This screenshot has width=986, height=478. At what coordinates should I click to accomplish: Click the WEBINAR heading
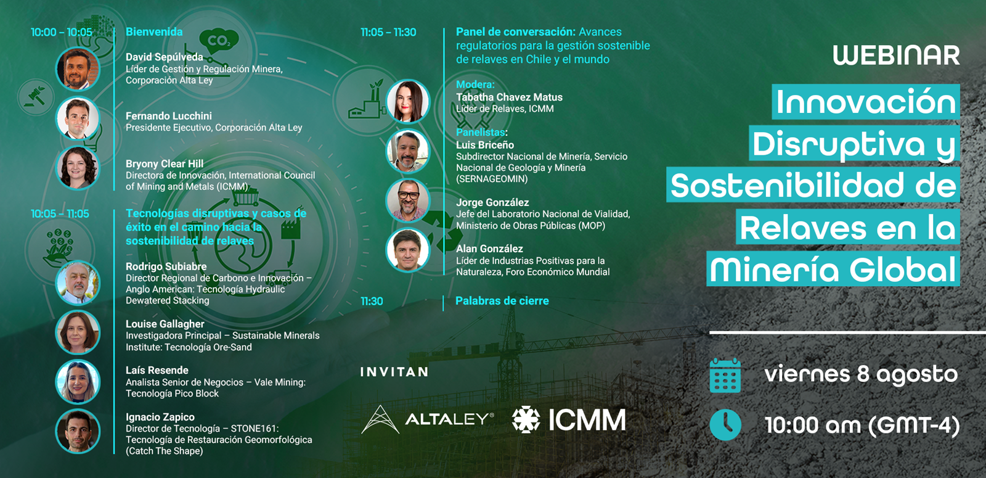(896, 56)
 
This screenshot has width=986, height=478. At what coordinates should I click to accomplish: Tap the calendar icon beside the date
(725, 376)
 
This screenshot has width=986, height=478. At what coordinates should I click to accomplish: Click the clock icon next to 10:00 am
(725, 425)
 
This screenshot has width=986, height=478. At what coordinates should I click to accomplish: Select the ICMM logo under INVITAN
(569, 419)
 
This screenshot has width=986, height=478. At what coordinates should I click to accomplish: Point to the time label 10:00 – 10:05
(62, 32)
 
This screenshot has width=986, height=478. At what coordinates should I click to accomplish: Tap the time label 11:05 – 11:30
(388, 32)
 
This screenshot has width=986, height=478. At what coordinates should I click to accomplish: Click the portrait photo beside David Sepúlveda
(78, 68)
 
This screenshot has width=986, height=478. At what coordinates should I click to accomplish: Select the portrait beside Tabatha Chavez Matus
(407, 101)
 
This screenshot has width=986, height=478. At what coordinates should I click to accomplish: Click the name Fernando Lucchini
(169, 116)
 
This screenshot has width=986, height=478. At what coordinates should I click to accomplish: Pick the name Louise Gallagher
(165, 324)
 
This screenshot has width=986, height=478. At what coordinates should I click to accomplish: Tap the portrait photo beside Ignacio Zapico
(78, 431)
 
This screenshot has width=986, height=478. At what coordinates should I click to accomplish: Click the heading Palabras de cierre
(502, 301)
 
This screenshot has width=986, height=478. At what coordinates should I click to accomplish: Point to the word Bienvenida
(154, 31)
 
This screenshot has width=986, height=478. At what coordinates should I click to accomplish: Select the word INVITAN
(394, 373)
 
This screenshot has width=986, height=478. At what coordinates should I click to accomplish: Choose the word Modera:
(475, 84)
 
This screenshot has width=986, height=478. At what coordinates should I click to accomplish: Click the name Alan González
(489, 249)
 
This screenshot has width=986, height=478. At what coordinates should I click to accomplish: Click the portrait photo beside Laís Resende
(78, 382)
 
